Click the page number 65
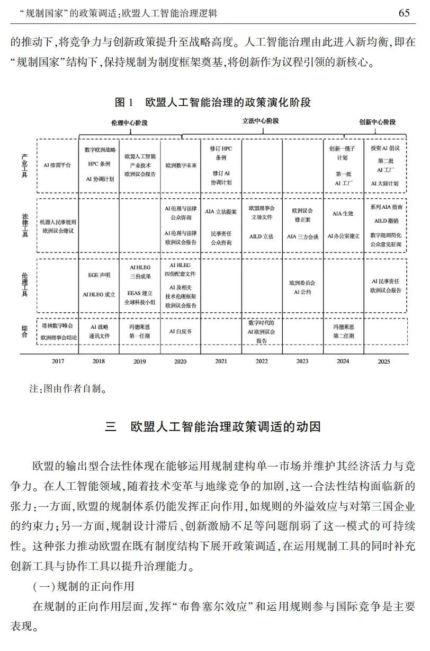pyautogui.click(x=404, y=13)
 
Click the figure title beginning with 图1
pyautogui.click(x=212, y=102)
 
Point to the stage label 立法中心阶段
pyautogui.click(x=260, y=121)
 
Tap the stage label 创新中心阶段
pyautogui.click(x=377, y=122)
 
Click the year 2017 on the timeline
pyautogui.click(x=58, y=362)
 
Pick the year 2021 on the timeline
pyautogui.click(x=221, y=362)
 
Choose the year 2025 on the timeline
pyautogui.click(x=385, y=362)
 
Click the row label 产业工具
pyautogui.click(x=24, y=165)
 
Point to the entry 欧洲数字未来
pyautogui.click(x=180, y=165)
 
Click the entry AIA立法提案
pyautogui.click(x=221, y=212)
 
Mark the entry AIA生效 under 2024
pyautogui.click(x=343, y=214)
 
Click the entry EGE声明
pyautogui.click(x=99, y=276)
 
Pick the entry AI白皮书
pyautogui.click(x=180, y=331)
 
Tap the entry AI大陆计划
pyautogui.click(x=385, y=183)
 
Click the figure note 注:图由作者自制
pyautogui.click(x=68, y=390)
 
